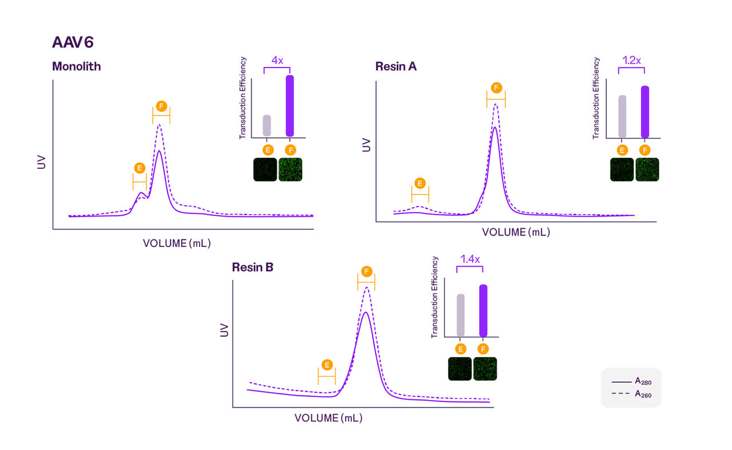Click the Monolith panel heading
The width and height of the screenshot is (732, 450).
tap(76, 66)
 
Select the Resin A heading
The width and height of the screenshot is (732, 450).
tap(396, 66)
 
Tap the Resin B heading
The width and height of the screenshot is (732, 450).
tap(252, 266)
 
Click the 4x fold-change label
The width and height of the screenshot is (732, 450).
tap(277, 59)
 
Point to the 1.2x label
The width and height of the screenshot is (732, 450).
tap(631, 59)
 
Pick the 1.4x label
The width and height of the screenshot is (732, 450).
tap(471, 258)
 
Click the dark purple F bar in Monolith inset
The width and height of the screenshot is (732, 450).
tap(290, 106)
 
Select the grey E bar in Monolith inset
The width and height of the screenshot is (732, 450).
tap(266, 125)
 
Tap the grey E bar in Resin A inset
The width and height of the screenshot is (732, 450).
tap(622, 116)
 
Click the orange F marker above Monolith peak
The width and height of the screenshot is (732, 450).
tap(161, 106)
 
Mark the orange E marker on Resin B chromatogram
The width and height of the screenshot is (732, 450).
tap(327, 365)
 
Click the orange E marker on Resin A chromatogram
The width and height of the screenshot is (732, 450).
tap(420, 184)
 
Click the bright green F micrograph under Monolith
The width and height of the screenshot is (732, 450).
tap(290, 170)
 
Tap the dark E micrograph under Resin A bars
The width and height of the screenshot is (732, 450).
tap(622, 170)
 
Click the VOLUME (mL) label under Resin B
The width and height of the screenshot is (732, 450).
tap(328, 418)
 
